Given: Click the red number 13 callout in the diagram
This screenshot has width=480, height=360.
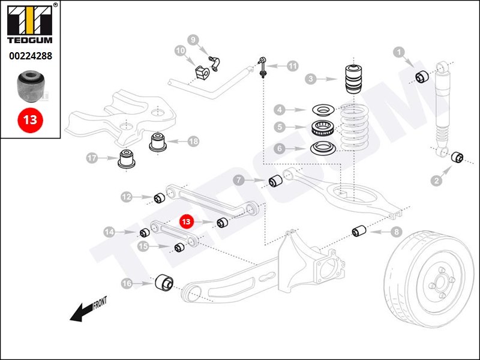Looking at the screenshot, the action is click(x=186, y=221).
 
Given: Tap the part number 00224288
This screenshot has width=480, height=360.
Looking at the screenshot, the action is click(x=31, y=56).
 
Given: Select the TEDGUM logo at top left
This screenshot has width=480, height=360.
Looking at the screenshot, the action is click(x=30, y=25).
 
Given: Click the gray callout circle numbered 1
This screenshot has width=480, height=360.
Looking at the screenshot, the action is click(x=398, y=52).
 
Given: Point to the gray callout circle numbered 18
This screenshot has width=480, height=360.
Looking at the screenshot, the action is click(x=193, y=142).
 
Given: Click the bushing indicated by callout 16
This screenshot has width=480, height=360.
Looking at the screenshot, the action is click(x=164, y=283).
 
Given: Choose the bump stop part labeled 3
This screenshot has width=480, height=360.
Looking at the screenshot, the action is click(x=354, y=79).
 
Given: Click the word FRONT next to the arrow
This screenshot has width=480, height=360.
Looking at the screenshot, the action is click(x=100, y=303).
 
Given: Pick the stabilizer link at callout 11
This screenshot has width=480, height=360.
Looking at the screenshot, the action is click(x=263, y=67).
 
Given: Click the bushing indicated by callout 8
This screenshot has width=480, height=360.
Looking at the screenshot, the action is click(x=359, y=230).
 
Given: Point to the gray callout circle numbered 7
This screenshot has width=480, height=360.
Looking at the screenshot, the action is click(x=239, y=180).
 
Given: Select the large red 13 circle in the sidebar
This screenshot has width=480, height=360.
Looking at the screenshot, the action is click(x=31, y=119).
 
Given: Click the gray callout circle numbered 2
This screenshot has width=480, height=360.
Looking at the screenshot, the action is click(x=436, y=181).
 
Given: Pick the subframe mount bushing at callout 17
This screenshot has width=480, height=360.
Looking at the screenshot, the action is click(x=127, y=159).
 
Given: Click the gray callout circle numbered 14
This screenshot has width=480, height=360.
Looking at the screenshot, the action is click(x=109, y=232).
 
